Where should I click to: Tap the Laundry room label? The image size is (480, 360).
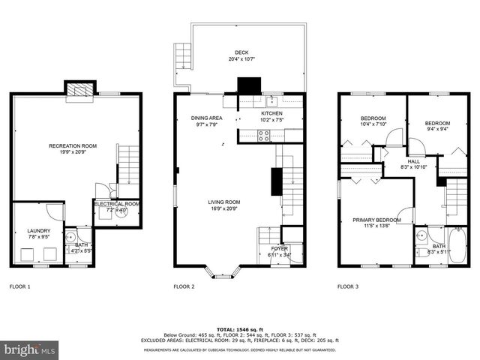pos(38,234)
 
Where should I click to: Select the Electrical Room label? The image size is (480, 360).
pos(116,206)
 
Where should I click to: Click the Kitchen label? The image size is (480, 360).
pos(271,115)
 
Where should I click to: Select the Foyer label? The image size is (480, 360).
pos(280,250)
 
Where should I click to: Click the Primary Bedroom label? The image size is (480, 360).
pos(376,223)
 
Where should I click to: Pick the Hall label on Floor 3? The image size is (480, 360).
pos(413,164)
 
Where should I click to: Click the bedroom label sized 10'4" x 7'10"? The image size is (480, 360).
pos(373,121)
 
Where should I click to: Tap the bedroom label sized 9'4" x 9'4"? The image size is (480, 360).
pos(437,126)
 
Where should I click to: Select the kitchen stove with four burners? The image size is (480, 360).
pos(264,136)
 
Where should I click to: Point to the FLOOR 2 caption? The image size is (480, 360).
pos(184,286)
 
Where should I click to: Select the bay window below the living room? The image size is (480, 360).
pos(223,271)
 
